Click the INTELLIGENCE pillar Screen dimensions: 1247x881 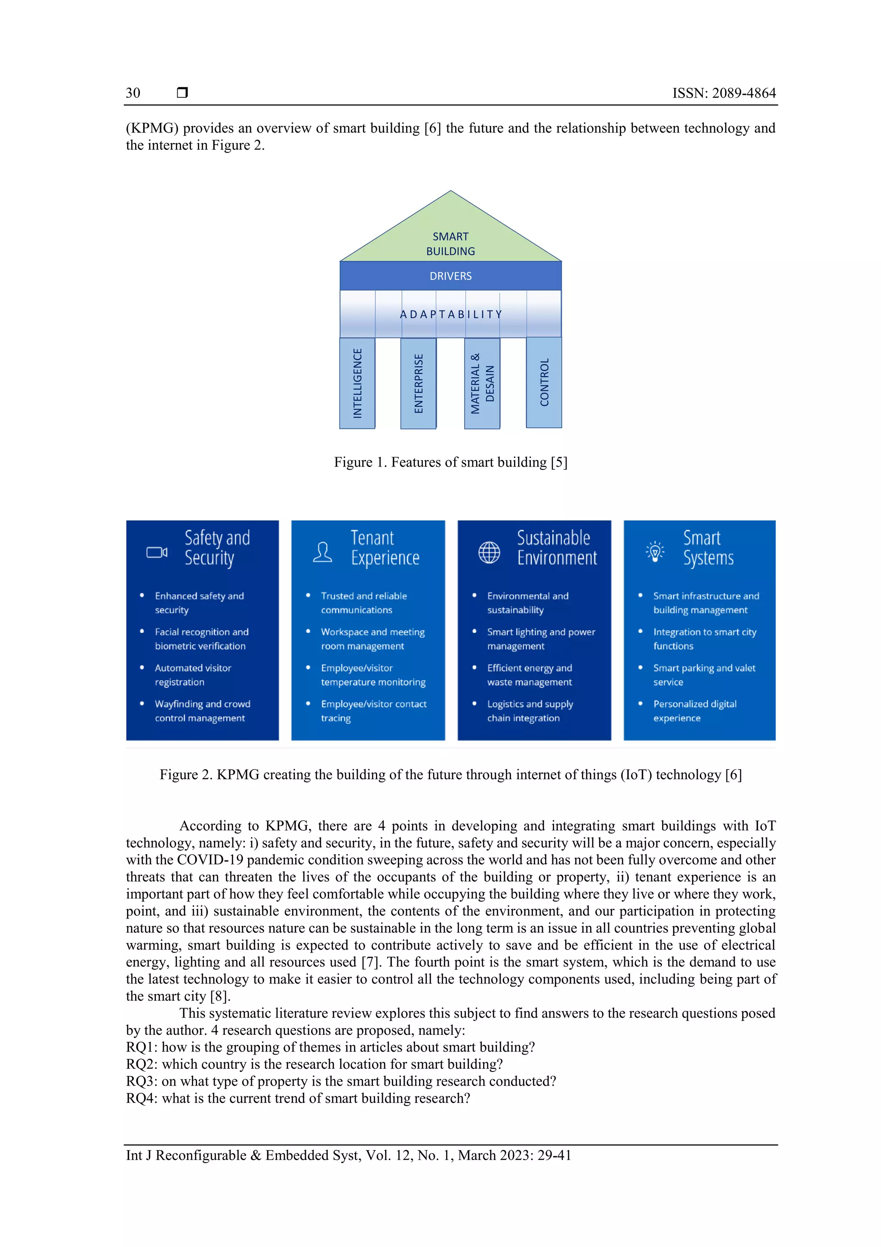pyautogui.click(x=357, y=383)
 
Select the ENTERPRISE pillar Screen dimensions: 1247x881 pyautogui.click(x=419, y=384)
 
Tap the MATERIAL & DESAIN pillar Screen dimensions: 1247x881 pyautogui.click(x=482, y=384)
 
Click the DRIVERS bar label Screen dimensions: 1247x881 pyautogui.click(x=450, y=276)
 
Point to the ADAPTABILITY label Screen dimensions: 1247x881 pyautogui.click(x=450, y=315)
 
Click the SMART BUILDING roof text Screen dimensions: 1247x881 pyautogui.click(x=450, y=244)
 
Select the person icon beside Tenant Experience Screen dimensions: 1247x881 pyautogui.click(x=323, y=552)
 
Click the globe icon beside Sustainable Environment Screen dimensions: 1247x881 pyautogui.click(x=489, y=552)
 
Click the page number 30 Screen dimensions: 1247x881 pyautogui.click(x=133, y=93)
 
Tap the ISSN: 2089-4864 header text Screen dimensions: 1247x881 pyautogui.click(x=724, y=93)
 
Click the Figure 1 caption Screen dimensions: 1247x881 pyautogui.click(x=450, y=462)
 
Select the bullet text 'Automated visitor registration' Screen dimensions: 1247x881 pyautogui.click(x=193, y=675)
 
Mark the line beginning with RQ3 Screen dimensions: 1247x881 pyautogui.click(x=341, y=1081)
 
